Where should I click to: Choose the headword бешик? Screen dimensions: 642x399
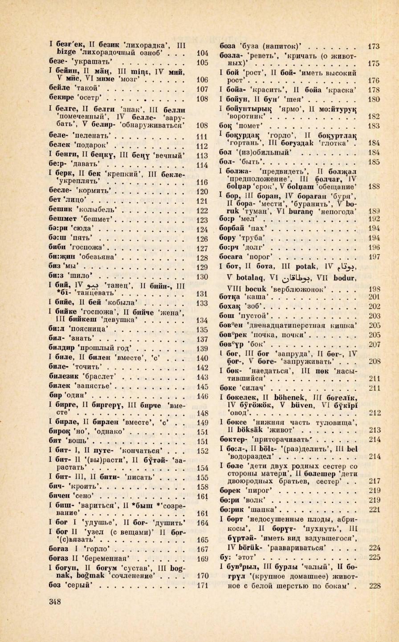point(59,209)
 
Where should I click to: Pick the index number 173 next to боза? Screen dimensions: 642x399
point(374,46)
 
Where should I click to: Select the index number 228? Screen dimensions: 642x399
point(374,585)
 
